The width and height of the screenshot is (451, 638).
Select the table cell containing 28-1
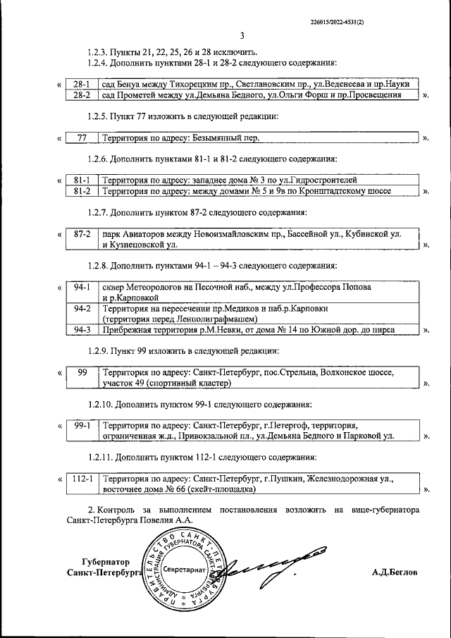(x=81, y=82)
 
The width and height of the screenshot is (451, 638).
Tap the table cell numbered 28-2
(x=81, y=94)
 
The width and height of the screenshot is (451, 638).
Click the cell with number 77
(x=81, y=137)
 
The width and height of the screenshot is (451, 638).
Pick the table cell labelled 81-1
(x=81, y=180)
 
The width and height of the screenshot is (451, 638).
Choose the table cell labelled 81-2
(x=81, y=191)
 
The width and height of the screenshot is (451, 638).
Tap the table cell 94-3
(x=81, y=329)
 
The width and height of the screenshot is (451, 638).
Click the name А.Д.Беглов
(x=395, y=573)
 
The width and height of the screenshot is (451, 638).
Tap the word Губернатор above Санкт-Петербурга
(x=106, y=562)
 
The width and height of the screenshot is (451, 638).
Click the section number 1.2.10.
(x=100, y=404)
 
